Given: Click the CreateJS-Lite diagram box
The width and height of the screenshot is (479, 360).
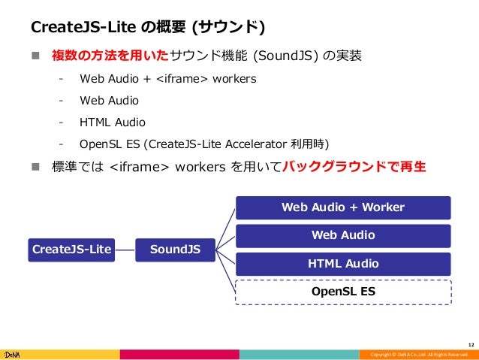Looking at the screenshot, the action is point(71,249).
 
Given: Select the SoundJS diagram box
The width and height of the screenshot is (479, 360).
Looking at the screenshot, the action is point(175,249).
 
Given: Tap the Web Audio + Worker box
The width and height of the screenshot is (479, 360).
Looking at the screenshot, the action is point(342,207).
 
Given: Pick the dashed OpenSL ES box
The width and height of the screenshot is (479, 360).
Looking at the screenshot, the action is point(342,291).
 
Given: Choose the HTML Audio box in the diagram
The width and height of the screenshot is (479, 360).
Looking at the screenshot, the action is point(342,264).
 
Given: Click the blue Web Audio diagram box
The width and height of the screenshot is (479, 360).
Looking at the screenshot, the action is point(342,236).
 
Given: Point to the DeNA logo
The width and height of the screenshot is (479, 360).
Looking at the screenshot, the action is point(14,353).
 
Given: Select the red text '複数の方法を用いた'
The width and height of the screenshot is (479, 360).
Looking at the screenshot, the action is point(110,56).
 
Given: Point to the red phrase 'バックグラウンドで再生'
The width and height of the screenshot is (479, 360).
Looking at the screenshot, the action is point(354,166).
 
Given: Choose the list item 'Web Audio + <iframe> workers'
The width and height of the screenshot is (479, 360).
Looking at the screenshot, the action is point(167,78).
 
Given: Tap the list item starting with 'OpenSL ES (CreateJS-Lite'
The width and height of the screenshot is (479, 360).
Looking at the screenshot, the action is point(204,143).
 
